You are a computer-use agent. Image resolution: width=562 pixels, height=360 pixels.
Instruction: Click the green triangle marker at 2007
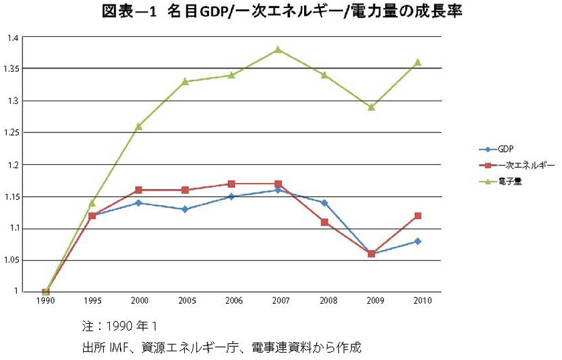tap(278, 49)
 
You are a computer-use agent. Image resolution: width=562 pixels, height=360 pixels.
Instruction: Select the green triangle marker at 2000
tap(139, 126)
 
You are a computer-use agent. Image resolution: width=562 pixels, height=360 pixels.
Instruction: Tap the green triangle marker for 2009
tap(372, 107)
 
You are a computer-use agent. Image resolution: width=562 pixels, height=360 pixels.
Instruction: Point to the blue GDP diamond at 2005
tap(185, 209)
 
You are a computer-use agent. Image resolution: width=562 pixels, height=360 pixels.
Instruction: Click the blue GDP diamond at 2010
tap(418, 241)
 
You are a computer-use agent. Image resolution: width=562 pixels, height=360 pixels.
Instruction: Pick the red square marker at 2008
tap(325, 222)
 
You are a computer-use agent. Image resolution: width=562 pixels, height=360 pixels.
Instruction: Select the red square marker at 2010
tap(418, 216)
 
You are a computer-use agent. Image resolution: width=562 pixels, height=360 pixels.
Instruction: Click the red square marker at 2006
tap(232, 184)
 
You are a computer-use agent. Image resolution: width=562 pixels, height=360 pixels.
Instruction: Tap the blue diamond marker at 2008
tap(325, 202)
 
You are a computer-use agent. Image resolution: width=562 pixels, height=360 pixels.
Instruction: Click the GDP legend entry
tap(503, 149)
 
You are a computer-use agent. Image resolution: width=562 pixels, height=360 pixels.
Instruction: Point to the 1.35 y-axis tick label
tap(13, 69)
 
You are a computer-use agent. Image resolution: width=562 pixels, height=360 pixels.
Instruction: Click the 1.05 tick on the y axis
tap(13, 261)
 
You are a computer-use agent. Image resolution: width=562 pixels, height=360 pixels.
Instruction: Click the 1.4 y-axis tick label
tap(13, 37)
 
